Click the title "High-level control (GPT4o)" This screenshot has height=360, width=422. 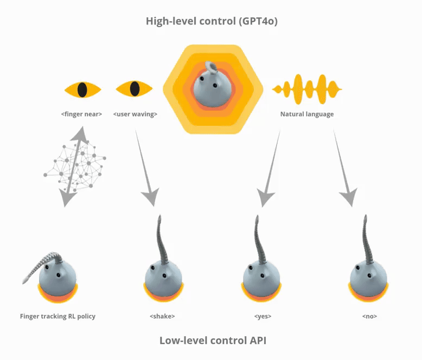click(212, 21)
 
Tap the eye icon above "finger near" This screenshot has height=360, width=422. click(82, 89)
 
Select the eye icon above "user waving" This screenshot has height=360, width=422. click(134, 88)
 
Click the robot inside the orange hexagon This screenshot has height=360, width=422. click(212, 84)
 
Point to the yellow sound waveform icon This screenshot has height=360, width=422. click(307, 89)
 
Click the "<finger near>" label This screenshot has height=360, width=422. click(81, 114)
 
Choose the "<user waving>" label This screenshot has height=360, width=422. click(135, 114)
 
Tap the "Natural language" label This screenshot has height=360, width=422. click(307, 114)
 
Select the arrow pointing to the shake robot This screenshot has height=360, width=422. click(146, 168)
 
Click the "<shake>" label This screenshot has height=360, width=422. click(162, 316)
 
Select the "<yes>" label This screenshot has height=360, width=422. click(263, 316)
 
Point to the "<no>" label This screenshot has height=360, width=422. click(369, 316)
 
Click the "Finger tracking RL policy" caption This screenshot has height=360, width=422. click(57, 316)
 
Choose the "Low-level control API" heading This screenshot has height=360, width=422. click(213, 340)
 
